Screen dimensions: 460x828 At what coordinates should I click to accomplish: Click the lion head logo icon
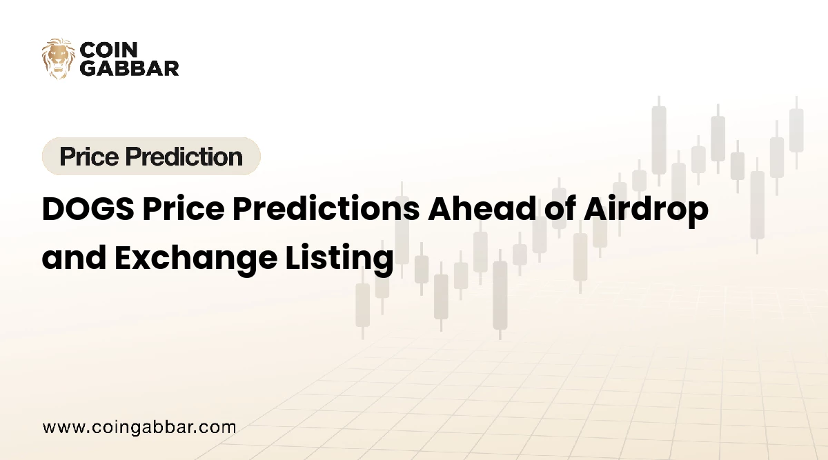click(x=58, y=58)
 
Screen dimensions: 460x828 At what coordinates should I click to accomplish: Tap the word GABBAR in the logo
click(x=130, y=68)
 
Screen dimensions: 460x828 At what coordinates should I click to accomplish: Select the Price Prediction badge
click(x=151, y=157)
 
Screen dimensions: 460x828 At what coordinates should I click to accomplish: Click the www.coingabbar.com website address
click(x=139, y=428)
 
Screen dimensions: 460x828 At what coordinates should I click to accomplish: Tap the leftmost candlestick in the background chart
click(x=362, y=303)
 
